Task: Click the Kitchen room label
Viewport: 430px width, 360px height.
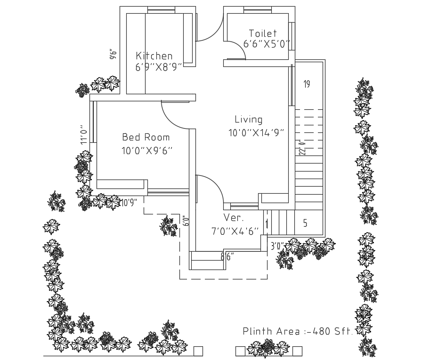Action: [x=154, y=56]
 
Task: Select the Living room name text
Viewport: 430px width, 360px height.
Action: [x=249, y=119]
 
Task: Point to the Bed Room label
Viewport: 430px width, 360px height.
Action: [x=146, y=137]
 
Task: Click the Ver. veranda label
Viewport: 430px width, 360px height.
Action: [x=234, y=218]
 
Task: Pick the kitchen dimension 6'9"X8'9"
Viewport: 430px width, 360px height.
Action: [x=159, y=67]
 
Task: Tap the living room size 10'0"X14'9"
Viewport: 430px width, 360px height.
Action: [x=256, y=133]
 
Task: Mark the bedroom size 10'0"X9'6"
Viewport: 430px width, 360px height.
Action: [x=147, y=151]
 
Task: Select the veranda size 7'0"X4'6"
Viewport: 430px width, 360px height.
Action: [x=235, y=231]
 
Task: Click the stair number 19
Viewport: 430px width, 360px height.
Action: [x=307, y=84]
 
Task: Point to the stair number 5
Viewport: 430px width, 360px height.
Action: [x=305, y=223]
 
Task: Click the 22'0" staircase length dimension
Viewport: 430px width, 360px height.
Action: [x=302, y=147]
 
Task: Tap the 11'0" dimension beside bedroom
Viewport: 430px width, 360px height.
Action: [x=84, y=135]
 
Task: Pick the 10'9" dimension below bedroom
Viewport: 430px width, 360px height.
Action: [x=129, y=203]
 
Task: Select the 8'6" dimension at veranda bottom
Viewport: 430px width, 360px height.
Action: [x=227, y=256]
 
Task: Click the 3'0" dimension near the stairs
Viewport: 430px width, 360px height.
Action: [x=277, y=246]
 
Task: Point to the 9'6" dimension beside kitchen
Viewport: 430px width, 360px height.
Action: [x=113, y=54]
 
